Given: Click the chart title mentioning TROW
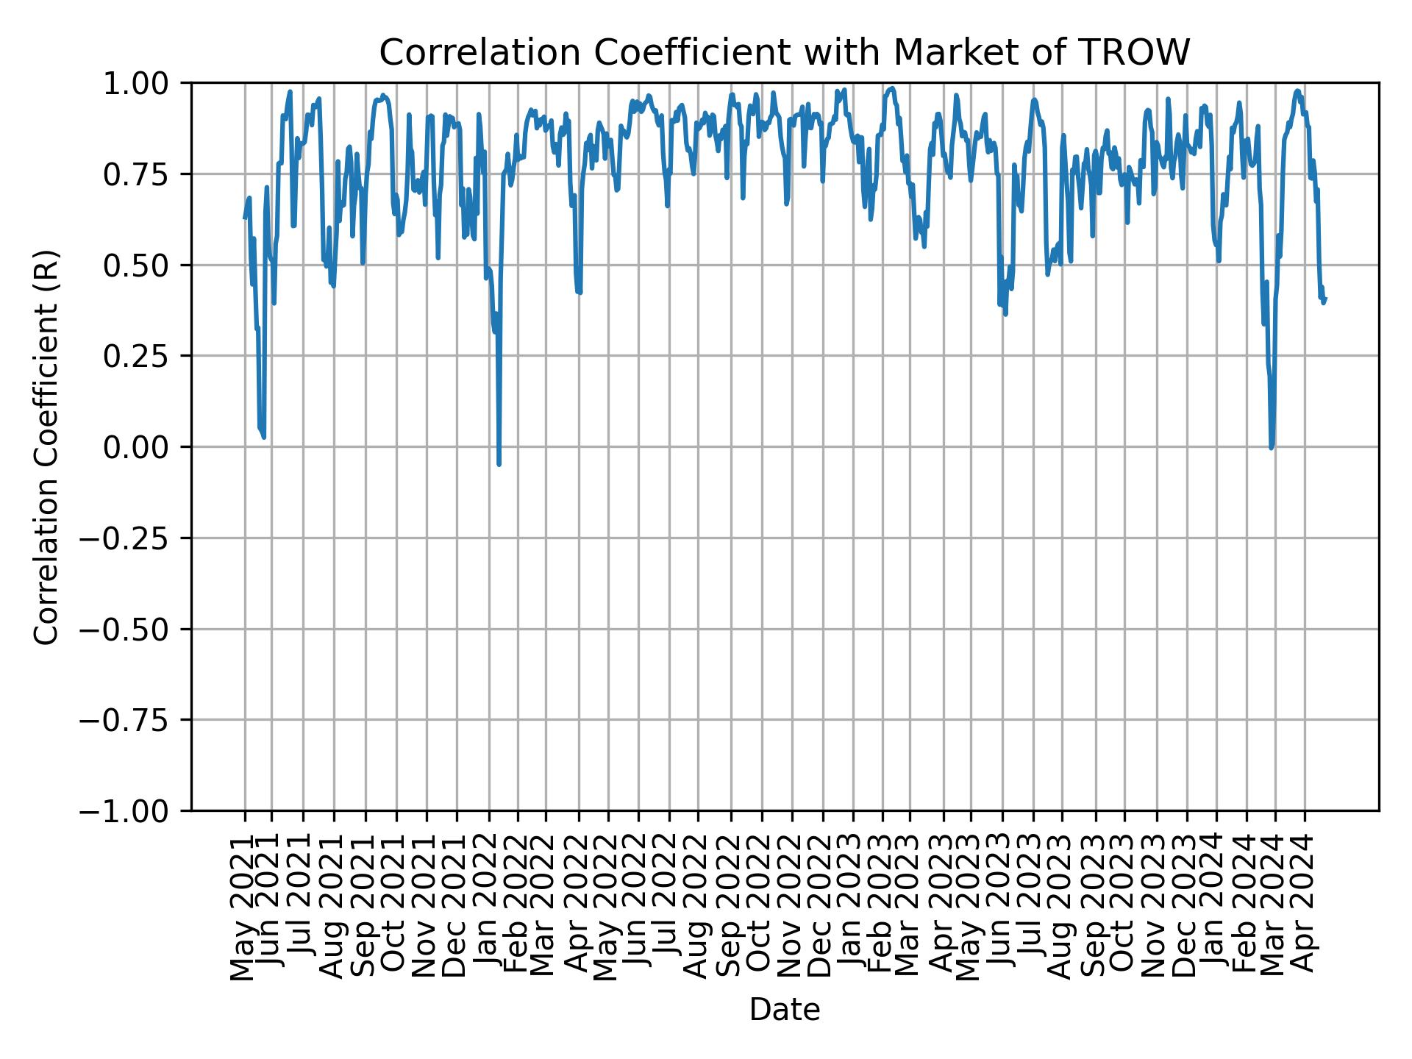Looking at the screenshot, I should tap(784, 53).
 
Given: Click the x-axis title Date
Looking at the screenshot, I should tap(784, 1010).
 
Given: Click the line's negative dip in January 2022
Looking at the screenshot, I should tap(499, 464).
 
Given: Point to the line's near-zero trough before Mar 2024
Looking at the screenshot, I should tap(1272, 447).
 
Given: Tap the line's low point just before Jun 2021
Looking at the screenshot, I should tap(263, 438).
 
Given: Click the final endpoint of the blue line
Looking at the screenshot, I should tap(1325, 298).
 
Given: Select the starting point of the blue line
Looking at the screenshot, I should tap(244, 218).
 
